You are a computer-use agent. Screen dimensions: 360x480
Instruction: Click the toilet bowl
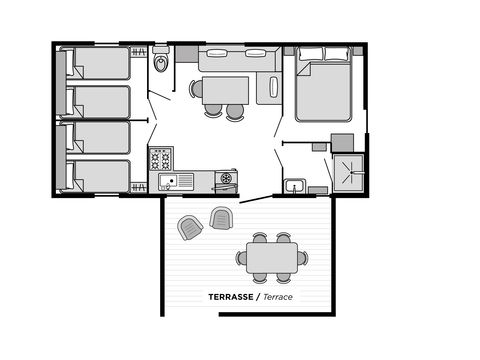pyautogui.click(x=162, y=64)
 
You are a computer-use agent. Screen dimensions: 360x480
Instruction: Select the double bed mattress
pyautogui.click(x=323, y=90)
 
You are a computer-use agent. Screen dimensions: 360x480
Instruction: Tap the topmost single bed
pyautogui.click(x=98, y=64)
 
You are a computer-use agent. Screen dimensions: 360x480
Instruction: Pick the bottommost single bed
pyautogui.click(x=98, y=176)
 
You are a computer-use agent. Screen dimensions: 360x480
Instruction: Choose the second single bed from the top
pyautogui.click(x=98, y=101)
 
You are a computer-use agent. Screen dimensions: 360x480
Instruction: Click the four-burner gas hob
pyautogui.click(x=161, y=158)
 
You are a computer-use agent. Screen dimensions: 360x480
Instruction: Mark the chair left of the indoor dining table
pyautogui.click(x=197, y=89)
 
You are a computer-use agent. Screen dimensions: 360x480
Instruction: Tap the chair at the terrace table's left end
pyautogui.click(x=242, y=258)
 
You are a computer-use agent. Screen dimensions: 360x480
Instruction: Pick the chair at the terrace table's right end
pyautogui.click(x=302, y=258)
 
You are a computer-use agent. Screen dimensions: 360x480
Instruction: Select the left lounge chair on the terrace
pyautogui.click(x=190, y=228)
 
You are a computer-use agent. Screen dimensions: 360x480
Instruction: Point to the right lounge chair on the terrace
pyautogui.click(x=221, y=217)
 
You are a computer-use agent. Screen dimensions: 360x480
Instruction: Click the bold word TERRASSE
pyautogui.click(x=229, y=297)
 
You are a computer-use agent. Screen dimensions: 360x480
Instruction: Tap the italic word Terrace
pyautogui.click(x=280, y=297)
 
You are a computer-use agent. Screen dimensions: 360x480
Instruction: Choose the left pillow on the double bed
pyautogui.click(x=311, y=55)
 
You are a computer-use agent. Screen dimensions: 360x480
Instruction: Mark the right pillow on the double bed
pyautogui.click(x=337, y=55)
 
